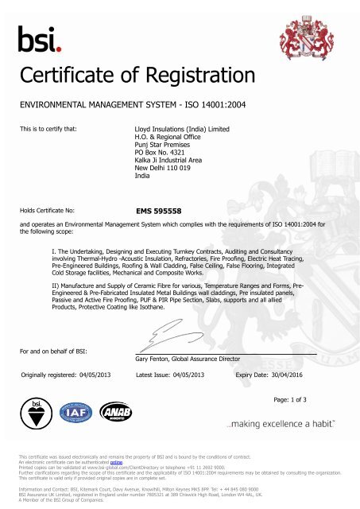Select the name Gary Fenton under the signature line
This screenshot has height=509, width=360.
(x=154, y=359)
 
